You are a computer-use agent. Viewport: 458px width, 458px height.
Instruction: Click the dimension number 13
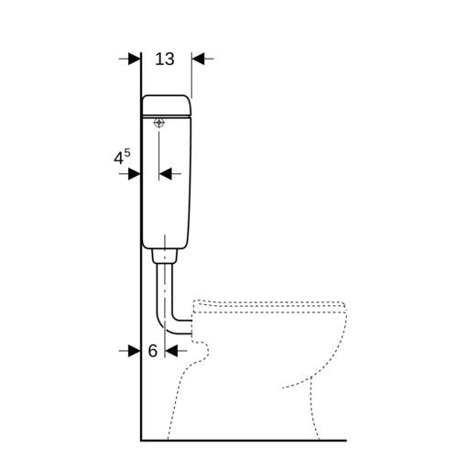click(x=165, y=59)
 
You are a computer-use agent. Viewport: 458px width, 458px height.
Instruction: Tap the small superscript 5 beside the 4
click(x=127, y=153)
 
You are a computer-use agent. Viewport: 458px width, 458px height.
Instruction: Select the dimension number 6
click(x=153, y=351)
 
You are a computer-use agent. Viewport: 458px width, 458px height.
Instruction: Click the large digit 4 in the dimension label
click(x=118, y=158)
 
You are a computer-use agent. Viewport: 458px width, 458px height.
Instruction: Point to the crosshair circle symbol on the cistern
click(x=159, y=123)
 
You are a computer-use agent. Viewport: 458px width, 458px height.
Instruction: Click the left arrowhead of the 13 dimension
click(x=135, y=59)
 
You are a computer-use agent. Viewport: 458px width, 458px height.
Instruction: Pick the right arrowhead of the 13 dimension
click(x=198, y=59)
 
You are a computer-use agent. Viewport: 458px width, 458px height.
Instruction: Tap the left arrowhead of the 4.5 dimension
click(x=135, y=174)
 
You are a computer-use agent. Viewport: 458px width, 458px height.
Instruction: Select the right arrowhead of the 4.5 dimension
click(x=165, y=174)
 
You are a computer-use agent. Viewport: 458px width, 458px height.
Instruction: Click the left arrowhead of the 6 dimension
click(x=135, y=351)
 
